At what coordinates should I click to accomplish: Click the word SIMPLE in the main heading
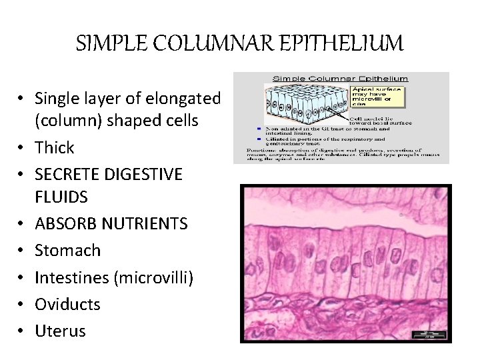click(107, 44)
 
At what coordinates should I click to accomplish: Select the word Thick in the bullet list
click(54, 147)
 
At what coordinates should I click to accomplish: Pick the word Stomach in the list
click(67, 251)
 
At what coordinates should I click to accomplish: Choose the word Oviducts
click(67, 304)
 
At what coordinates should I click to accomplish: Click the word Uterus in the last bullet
click(60, 331)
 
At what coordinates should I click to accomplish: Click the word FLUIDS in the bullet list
click(61, 197)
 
